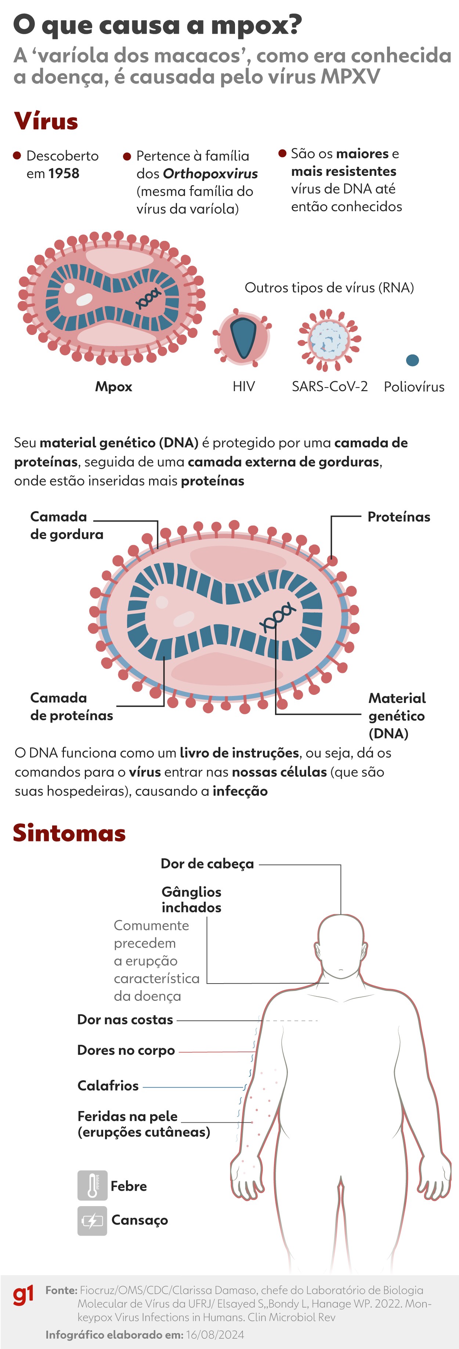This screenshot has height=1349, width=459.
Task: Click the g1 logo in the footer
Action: click(x=24, y=1295)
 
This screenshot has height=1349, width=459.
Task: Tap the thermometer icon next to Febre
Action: click(x=92, y=1186)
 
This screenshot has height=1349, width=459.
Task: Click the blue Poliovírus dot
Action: click(x=412, y=360)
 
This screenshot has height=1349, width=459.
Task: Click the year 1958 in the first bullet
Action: click(x=64, y=173)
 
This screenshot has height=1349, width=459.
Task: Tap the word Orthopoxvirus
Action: click(x=210, y=173)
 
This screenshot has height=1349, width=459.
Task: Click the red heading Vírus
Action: click(x=46, y=121)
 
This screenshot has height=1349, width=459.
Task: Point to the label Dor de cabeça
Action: click(x=207, y=863)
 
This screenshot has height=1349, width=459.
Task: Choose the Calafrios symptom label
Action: click(x=108, y=1086)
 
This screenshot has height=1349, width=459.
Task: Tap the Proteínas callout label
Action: click(x=398, y=517)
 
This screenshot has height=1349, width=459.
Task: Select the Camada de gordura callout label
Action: click(x=66, y=525)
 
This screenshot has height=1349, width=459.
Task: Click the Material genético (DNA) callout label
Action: click(x=397, y=715)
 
